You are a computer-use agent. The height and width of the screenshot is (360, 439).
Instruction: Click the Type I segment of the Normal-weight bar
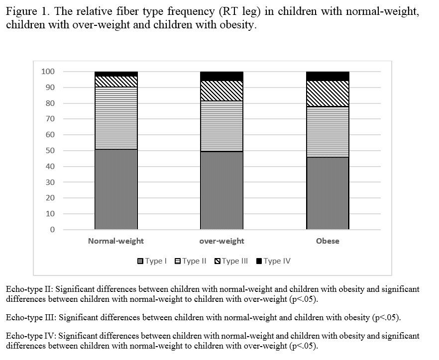pyautogui.click(x=116, y=189)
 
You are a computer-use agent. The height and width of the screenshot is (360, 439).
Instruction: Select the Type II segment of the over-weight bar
pyautogui.click(x=221, y=126)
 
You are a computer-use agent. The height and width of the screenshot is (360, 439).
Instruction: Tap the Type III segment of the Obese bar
pyautogui.click(x=328, y=93)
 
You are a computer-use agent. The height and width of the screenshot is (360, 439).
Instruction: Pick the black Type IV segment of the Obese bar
pyautogui.click(x=328, y=76)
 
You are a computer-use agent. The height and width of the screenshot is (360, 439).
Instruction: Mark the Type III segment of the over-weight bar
pyautogui.click(x=221, y=90)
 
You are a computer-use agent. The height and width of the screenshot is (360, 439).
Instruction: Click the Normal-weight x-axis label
pyautogui.click(x=116, y=241)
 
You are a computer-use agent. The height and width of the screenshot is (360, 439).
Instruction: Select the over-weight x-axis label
pyautogui.click(x=221, y=241)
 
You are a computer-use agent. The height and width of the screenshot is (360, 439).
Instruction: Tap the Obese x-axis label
pyautogui.click(x=328, y=241)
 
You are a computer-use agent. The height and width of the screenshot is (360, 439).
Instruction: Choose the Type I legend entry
pyautogui.click(x=152, y=261)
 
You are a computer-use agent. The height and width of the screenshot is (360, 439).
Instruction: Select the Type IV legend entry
pyautogui.click(x=273, y=261)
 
